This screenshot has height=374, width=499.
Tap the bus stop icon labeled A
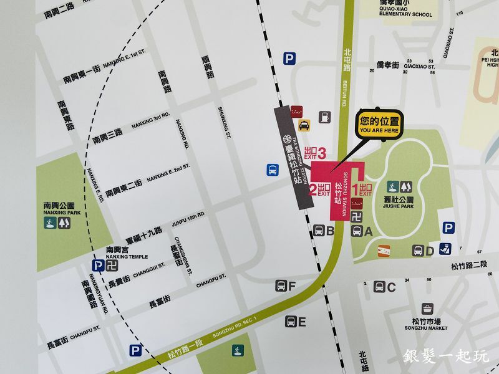[357, 231]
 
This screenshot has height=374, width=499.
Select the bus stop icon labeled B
[318, 231]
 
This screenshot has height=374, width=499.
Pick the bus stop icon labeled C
[379, 287]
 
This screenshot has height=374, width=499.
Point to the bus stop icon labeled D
[418, 251]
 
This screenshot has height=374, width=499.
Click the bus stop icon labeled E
[291, 322]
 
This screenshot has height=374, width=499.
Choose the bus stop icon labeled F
[281, 286]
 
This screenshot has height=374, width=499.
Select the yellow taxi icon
[304, 125]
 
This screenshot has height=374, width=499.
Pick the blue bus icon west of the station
[273, 170]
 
